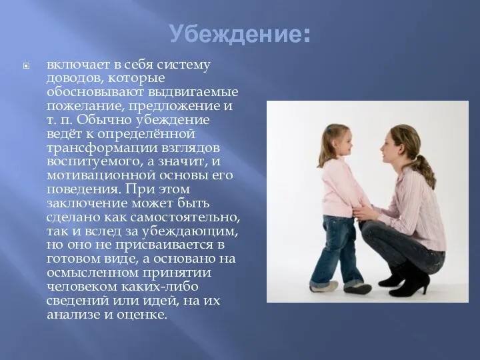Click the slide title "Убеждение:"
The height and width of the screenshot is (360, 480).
click(x=240, y=33)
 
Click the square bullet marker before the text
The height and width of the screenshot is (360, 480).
click(x=26, y=65)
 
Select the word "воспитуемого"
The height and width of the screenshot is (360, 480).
click(x=94, y=161)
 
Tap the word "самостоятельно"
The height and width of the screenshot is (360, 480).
click(x=185, y=217)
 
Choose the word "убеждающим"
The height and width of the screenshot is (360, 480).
click(x=189, y=231)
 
